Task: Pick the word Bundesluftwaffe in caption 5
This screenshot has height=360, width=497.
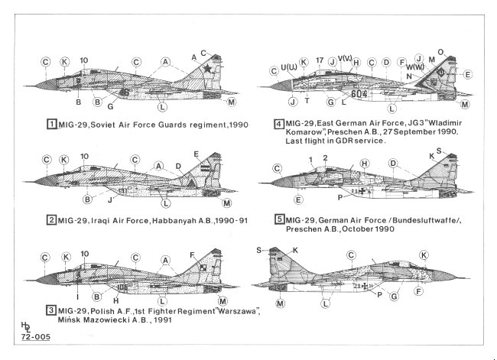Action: coord(417,219)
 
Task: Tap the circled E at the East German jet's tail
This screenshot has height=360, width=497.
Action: coord(468,74)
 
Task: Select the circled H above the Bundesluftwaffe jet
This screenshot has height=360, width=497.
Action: coord(365,163)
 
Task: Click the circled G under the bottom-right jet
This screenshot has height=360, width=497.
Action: coord(395,294)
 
